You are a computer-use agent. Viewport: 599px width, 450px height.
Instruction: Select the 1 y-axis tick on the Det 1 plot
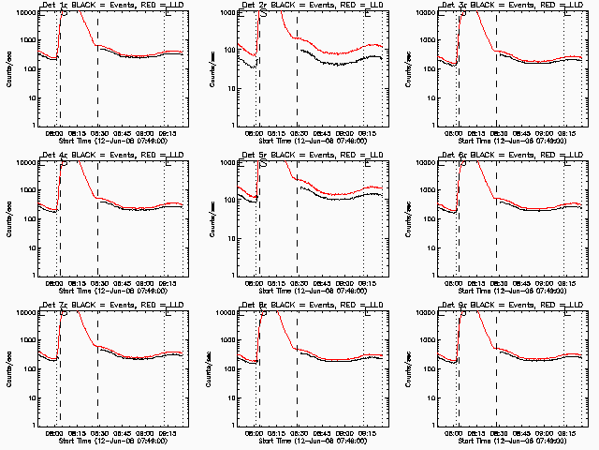pyautogui.click(x=30, y=127)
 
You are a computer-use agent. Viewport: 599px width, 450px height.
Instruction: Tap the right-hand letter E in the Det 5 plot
pyautogui.click(x=367, y=165)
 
